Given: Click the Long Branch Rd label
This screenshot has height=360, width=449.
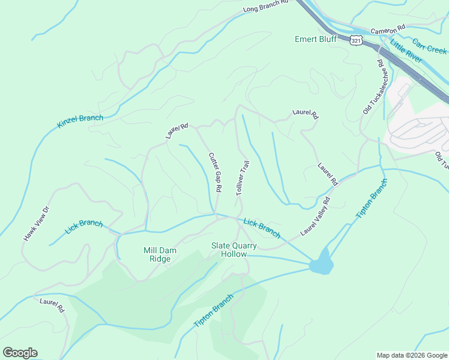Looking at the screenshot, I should (x=266, y=7).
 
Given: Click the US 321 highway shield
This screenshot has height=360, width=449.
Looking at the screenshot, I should (x=356, y=40).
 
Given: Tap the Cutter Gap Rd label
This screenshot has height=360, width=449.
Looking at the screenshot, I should (x=215, y=172).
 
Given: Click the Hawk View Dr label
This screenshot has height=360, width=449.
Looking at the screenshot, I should (x=35, y=224).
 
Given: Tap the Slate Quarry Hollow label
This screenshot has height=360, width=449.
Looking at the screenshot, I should (x=234, y=250).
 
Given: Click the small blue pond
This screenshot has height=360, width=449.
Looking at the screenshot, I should (x=321, y=262).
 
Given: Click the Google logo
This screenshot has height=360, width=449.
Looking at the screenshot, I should (x=20, y=353).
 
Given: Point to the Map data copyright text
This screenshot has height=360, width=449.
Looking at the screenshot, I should (x=412, y=355).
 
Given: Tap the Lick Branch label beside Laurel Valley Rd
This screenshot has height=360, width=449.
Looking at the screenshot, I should (x=262, y=227).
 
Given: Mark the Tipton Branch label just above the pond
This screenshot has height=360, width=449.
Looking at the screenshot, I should (x=372, y=199).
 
